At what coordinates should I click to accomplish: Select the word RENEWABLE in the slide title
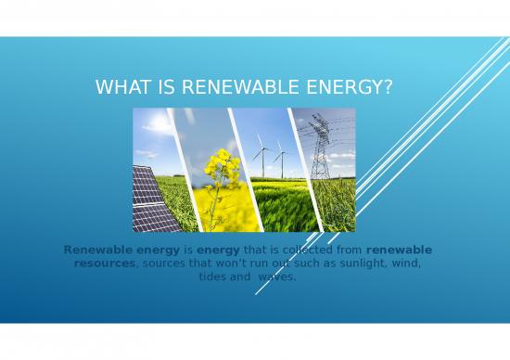pyautogui.click(x=224, y=88)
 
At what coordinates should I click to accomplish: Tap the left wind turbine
pyautogui.click(x=259, y=152)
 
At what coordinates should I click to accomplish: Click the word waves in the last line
pyautogui.click(x=277, y=276)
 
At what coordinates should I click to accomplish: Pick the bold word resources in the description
pyautogui.click(x=105, y=264)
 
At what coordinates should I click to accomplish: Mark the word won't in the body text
pyautogui.click(x=228, y=264)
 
